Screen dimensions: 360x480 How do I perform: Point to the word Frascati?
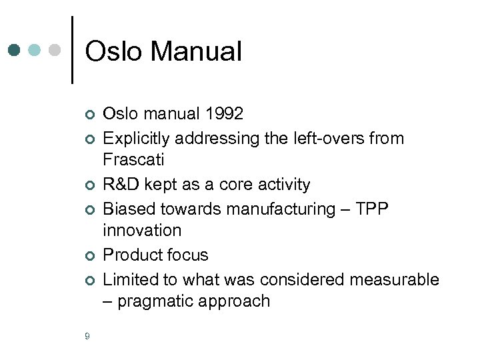click(133, 160)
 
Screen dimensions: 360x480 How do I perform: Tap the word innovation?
click(141, 231)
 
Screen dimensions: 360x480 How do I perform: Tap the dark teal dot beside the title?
click(15, 50)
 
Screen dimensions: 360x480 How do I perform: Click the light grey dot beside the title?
click(56, 50)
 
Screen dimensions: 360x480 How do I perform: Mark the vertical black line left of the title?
click(72, 50)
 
